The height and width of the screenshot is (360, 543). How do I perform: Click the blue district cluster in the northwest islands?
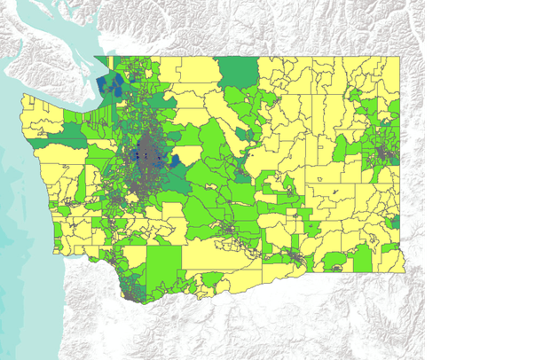click(113, 84)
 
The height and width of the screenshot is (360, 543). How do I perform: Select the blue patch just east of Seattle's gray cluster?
click(176, 160)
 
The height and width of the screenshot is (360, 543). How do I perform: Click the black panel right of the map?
click(484, 177)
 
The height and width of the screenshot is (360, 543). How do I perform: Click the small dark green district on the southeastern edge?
click(363, 258)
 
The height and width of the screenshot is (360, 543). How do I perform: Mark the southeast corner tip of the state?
click(404, 271)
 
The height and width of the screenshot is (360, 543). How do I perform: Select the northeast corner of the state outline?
click(398, 58)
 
